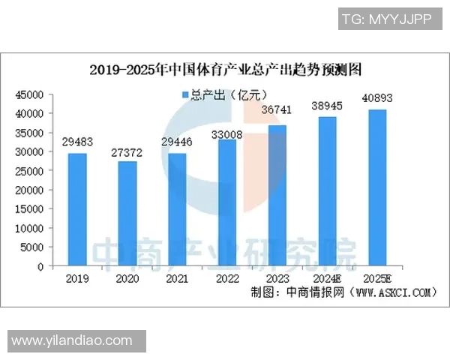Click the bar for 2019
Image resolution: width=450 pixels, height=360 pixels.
[x=77, y=209]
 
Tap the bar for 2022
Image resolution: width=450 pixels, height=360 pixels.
[x=227, y=202]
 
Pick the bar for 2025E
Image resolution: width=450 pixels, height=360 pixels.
[x=376, y=187]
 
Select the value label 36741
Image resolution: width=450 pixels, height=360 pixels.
[x=277, y=111]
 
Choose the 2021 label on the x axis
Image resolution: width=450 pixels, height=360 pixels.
[x=177, y=277]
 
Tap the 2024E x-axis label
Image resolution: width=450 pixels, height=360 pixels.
[x=327, y=277]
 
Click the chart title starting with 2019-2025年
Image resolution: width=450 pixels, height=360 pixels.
[x=226, y=70]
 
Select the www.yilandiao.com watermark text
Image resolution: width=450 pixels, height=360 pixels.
[x=72, y=340]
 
